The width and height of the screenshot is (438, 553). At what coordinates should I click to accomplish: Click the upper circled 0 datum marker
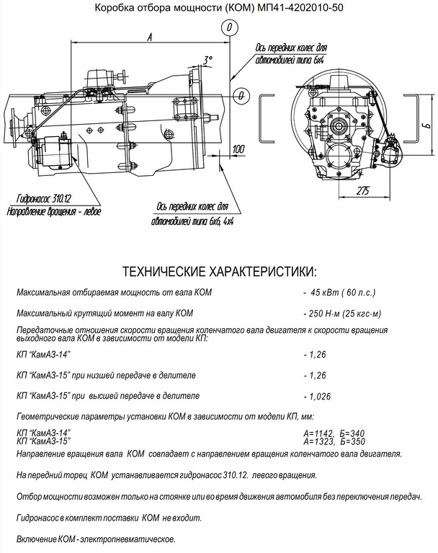tap(228, 27)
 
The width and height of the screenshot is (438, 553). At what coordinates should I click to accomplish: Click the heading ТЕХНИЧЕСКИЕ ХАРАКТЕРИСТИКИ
tap(219, 273)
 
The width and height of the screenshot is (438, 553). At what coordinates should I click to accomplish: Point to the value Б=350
tap(356, 440)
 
